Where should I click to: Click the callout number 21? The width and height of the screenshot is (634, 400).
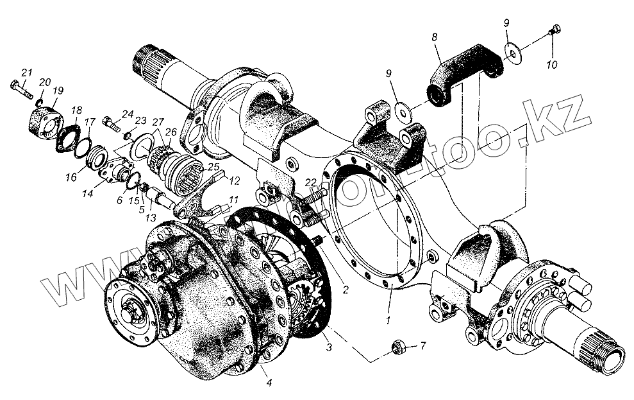[26, 71]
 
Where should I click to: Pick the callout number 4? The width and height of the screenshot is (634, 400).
[269, 383]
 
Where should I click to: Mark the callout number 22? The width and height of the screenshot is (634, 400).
[310, 183]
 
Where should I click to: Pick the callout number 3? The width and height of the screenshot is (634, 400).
[328, 347]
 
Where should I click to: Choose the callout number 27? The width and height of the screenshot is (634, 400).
[158, 121]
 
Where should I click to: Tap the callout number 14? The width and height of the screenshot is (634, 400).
[87, 192]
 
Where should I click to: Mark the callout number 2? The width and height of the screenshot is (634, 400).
[346, 290]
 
